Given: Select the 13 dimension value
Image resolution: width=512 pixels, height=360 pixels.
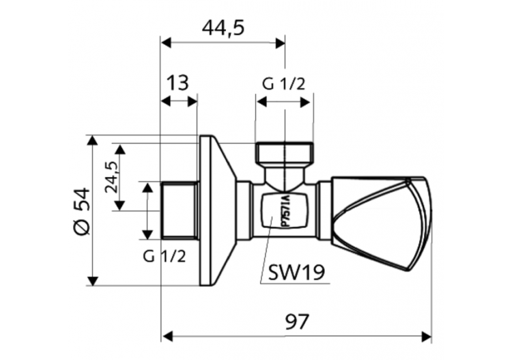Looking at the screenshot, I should click(177, 83).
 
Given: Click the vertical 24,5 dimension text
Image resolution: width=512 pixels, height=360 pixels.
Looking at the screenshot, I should click(111, 177).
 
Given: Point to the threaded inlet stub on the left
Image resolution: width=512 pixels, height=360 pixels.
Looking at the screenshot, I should click(180, 210).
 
